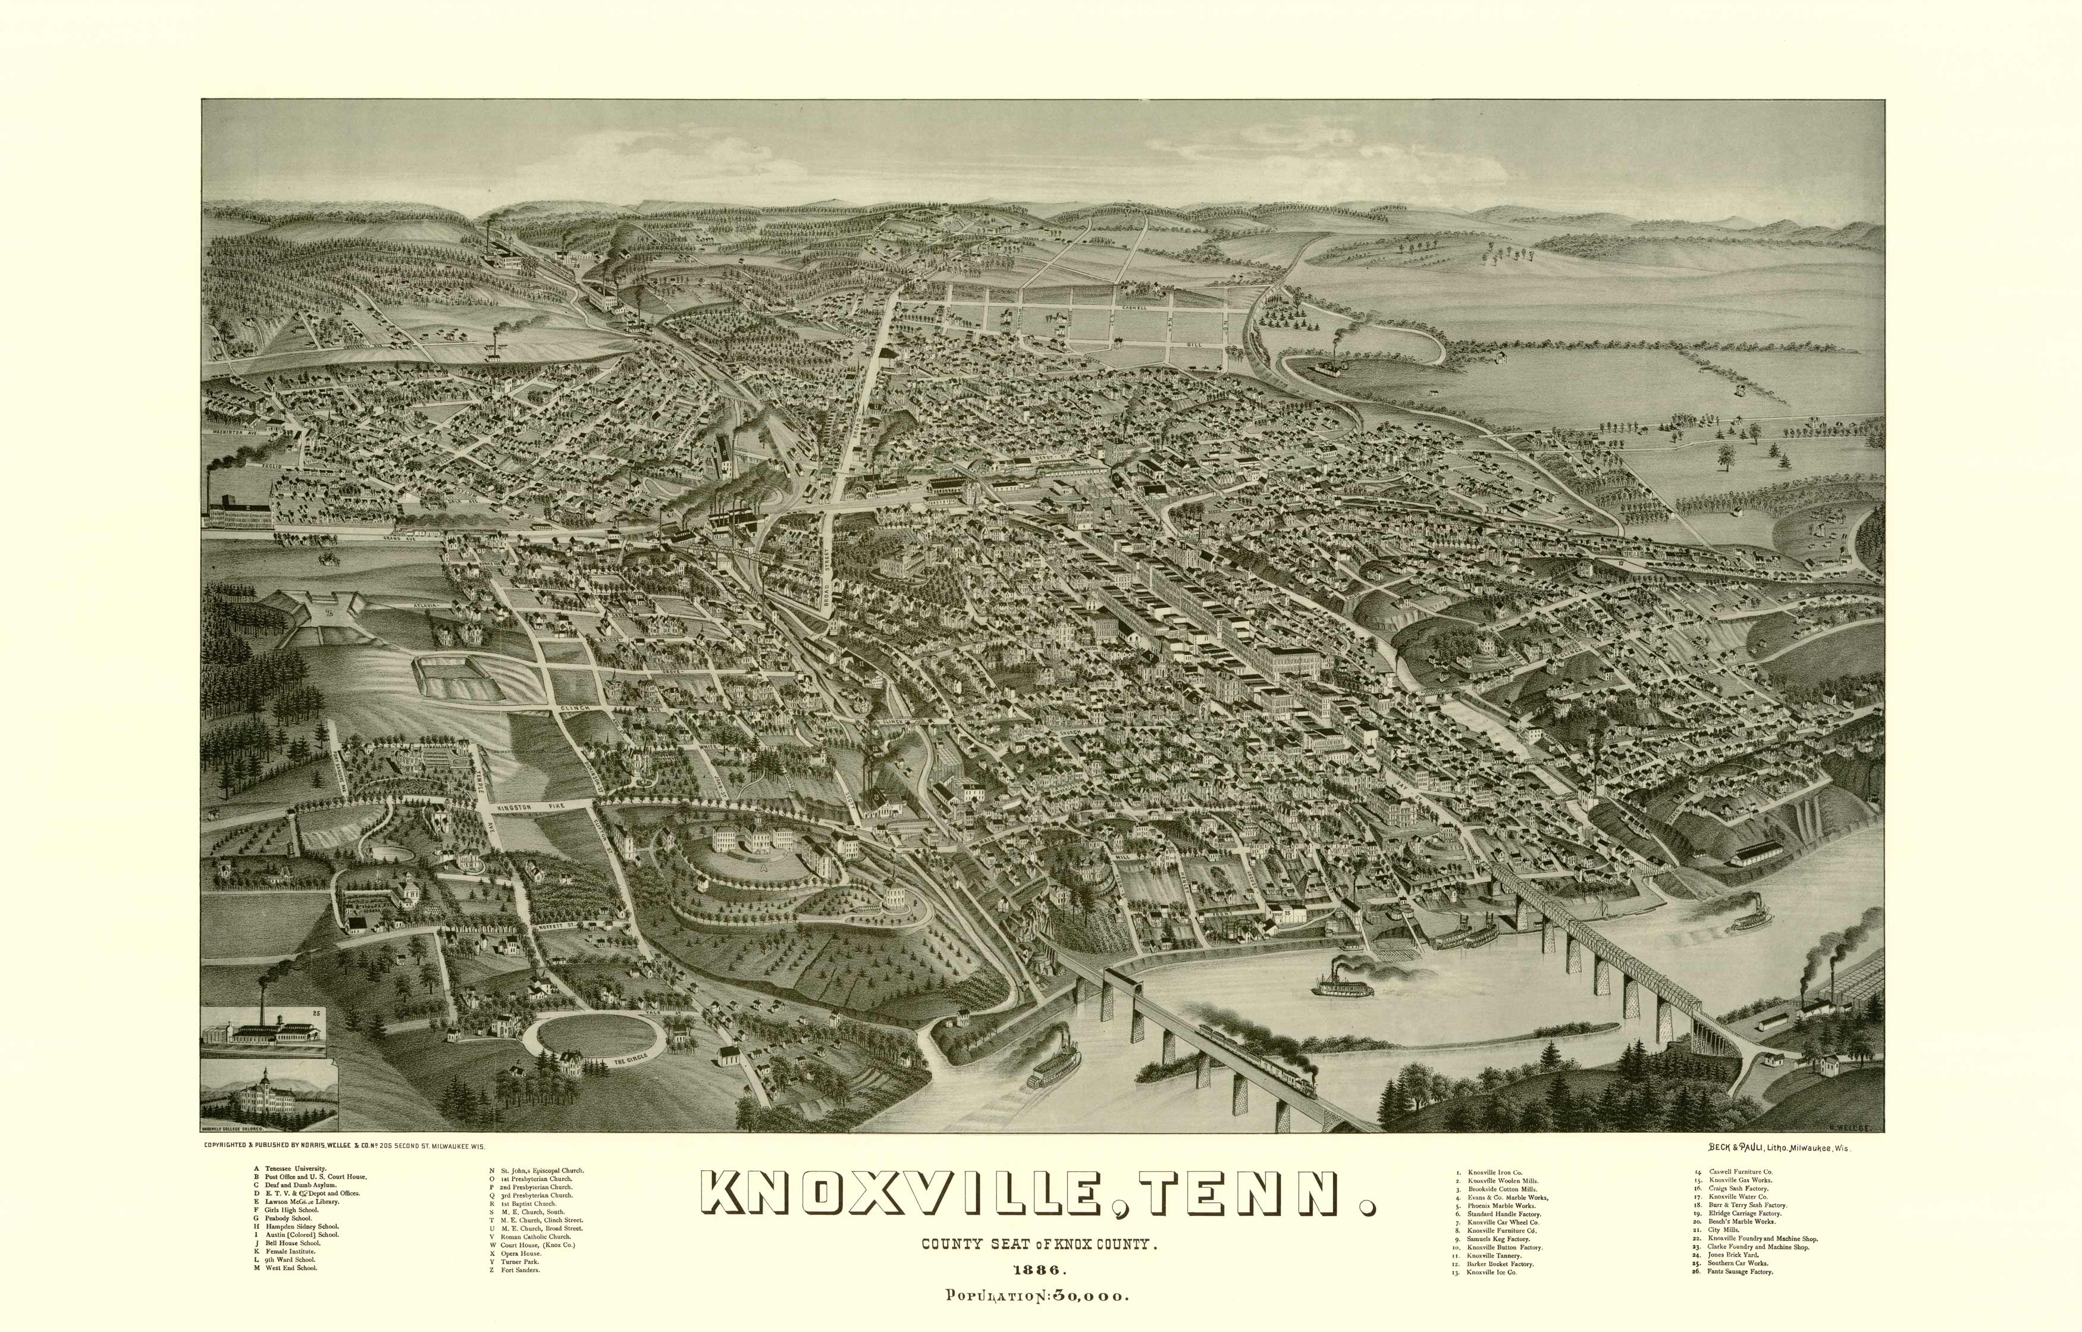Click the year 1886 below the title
pos(1041,1271)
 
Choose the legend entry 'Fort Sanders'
pos(520,1270)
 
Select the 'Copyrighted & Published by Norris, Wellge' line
pos(344,1145)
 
